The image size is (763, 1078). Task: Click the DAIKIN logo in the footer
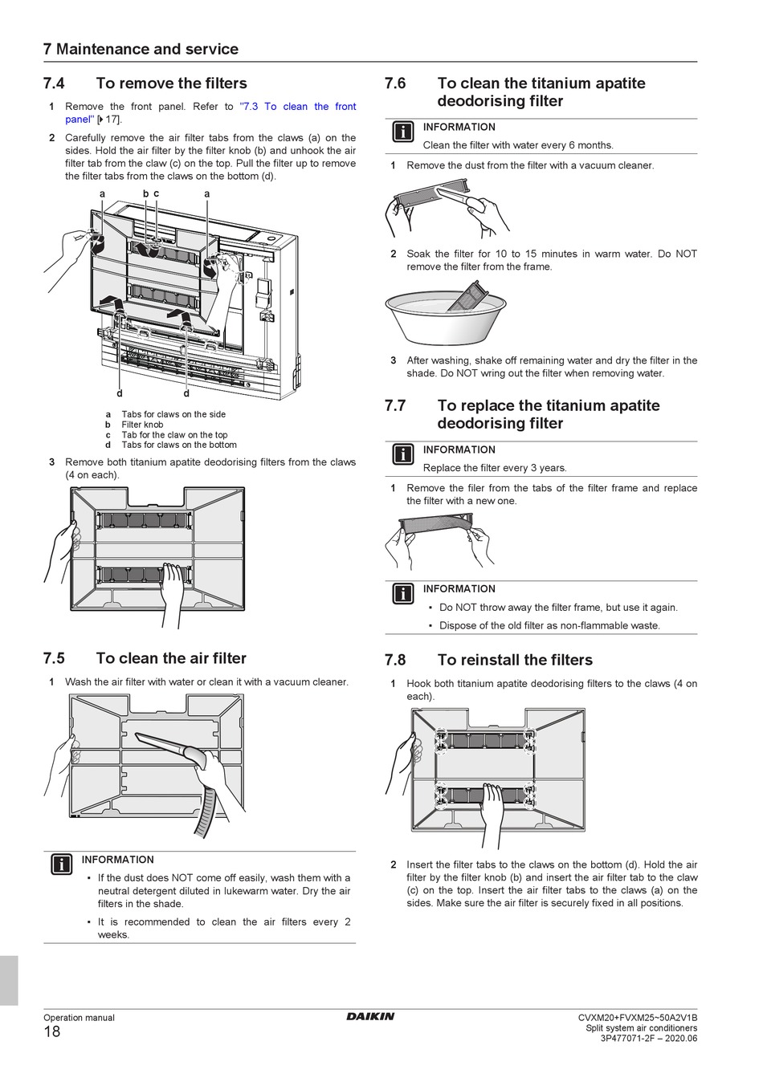pyautogui.click(x=370, y=1017)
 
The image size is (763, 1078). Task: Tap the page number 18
pyautogui.click(x=51, y=1032)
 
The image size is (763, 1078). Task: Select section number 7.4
pyautogui.click(x=54, y=83)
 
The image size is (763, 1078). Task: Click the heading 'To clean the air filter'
pyautogui.click(x=171, y=659)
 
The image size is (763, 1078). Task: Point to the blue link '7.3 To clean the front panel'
pyautogui.click(x=298, y=107)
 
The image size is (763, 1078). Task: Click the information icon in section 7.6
pyautogui.click(x=403, y=132)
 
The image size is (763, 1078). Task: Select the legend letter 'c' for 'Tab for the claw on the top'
pyautogui.click(x=108, y=435)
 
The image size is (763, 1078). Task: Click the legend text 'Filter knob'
pyautogui.click(x=142, y=425)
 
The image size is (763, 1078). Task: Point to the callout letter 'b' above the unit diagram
pyautogui.click(x=145, y=193)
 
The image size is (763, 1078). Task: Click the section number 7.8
pyautogui.click(x=395, y=661)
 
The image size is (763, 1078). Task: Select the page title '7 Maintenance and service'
pyautogui.click(x=141, y=49)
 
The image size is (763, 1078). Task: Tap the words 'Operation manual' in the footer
pyautogui.click(x=79, y=1018)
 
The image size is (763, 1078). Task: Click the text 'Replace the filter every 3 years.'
pyautogui.click(x=495, y=468)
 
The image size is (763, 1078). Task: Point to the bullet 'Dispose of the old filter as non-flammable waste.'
pyautogui.click(x=549, y=626)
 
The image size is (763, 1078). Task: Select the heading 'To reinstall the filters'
pyautogui.click(x=515, y=661)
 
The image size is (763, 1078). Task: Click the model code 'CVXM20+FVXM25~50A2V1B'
pyautogui.click(x=638, y=1018)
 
